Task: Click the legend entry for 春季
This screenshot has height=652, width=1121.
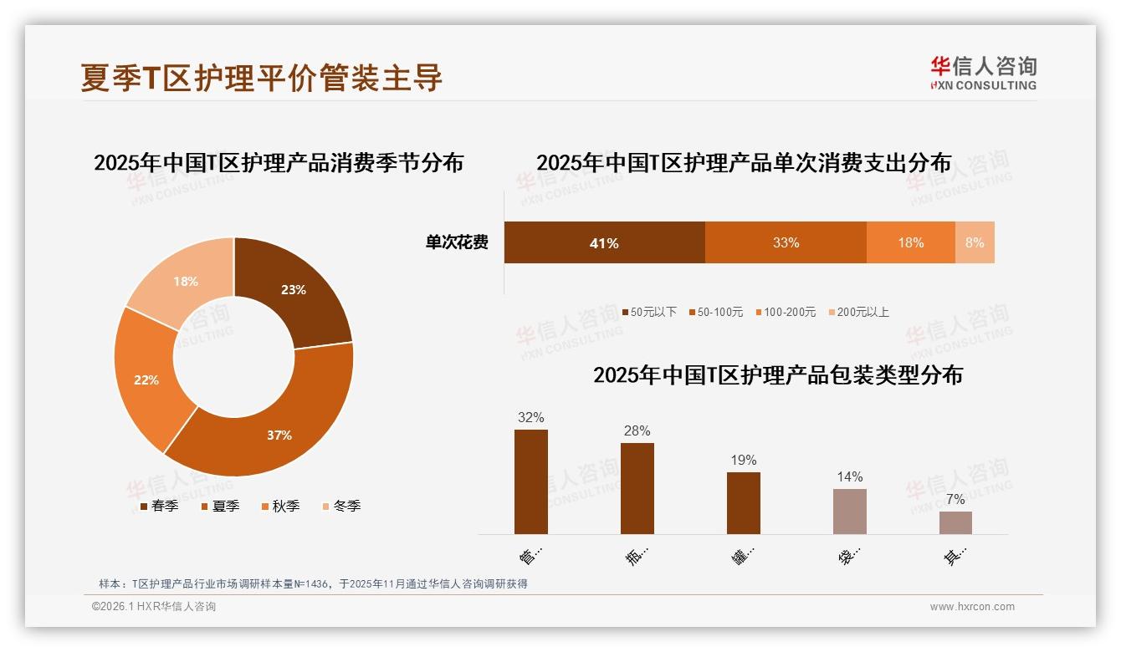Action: coord(158,506)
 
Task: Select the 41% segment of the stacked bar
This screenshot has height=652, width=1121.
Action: coord(604,242)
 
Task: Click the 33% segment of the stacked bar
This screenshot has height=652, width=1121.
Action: coord(786,242)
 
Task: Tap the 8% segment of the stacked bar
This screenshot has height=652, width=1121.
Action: coord(975,242)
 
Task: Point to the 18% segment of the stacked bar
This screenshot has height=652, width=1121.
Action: coord(910,242)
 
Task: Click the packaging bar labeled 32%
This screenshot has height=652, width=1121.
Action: coord(531,481)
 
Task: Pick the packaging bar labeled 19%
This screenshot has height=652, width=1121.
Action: coord(743,502)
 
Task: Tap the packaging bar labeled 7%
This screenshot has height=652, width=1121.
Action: coord(955,522)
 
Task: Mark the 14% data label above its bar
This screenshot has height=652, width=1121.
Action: coord(849,476)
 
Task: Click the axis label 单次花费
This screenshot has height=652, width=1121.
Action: coord(457,242)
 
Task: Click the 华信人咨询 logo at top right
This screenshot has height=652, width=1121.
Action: coord(983,73)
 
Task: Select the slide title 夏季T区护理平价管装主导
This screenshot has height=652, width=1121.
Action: coord(261,77)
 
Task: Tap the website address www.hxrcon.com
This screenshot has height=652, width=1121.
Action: coord(972,607)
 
